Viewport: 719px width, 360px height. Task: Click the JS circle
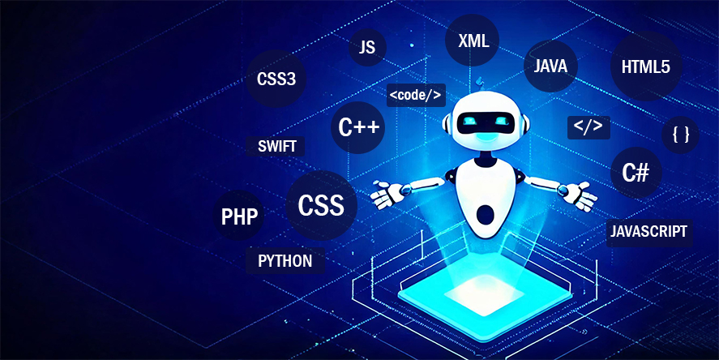tap(367, 47)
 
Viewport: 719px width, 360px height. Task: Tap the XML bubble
tap(473, 41)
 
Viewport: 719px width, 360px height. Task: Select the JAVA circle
tap(550, 66)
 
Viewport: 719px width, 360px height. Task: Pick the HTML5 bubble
tap(646, 66)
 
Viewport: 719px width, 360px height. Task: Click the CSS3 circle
tap(276, 79)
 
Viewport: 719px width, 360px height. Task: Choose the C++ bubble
tap(357, 127)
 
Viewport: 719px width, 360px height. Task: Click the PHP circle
tap(239, 216)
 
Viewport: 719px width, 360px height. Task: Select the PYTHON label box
tap(285, 261)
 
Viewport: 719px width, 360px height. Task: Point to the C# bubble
tap(636, 173)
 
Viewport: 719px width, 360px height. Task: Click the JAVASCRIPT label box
tap(648, 232)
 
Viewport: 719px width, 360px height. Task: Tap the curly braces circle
tap(680, 135)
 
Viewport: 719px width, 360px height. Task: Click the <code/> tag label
tap(416, 95)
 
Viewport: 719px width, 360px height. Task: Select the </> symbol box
tap(588, 127)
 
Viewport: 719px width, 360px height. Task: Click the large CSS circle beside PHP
tap(322, 205)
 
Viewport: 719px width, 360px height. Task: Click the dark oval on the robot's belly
tap(486, 214)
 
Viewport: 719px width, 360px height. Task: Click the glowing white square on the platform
tap(484, 294)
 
